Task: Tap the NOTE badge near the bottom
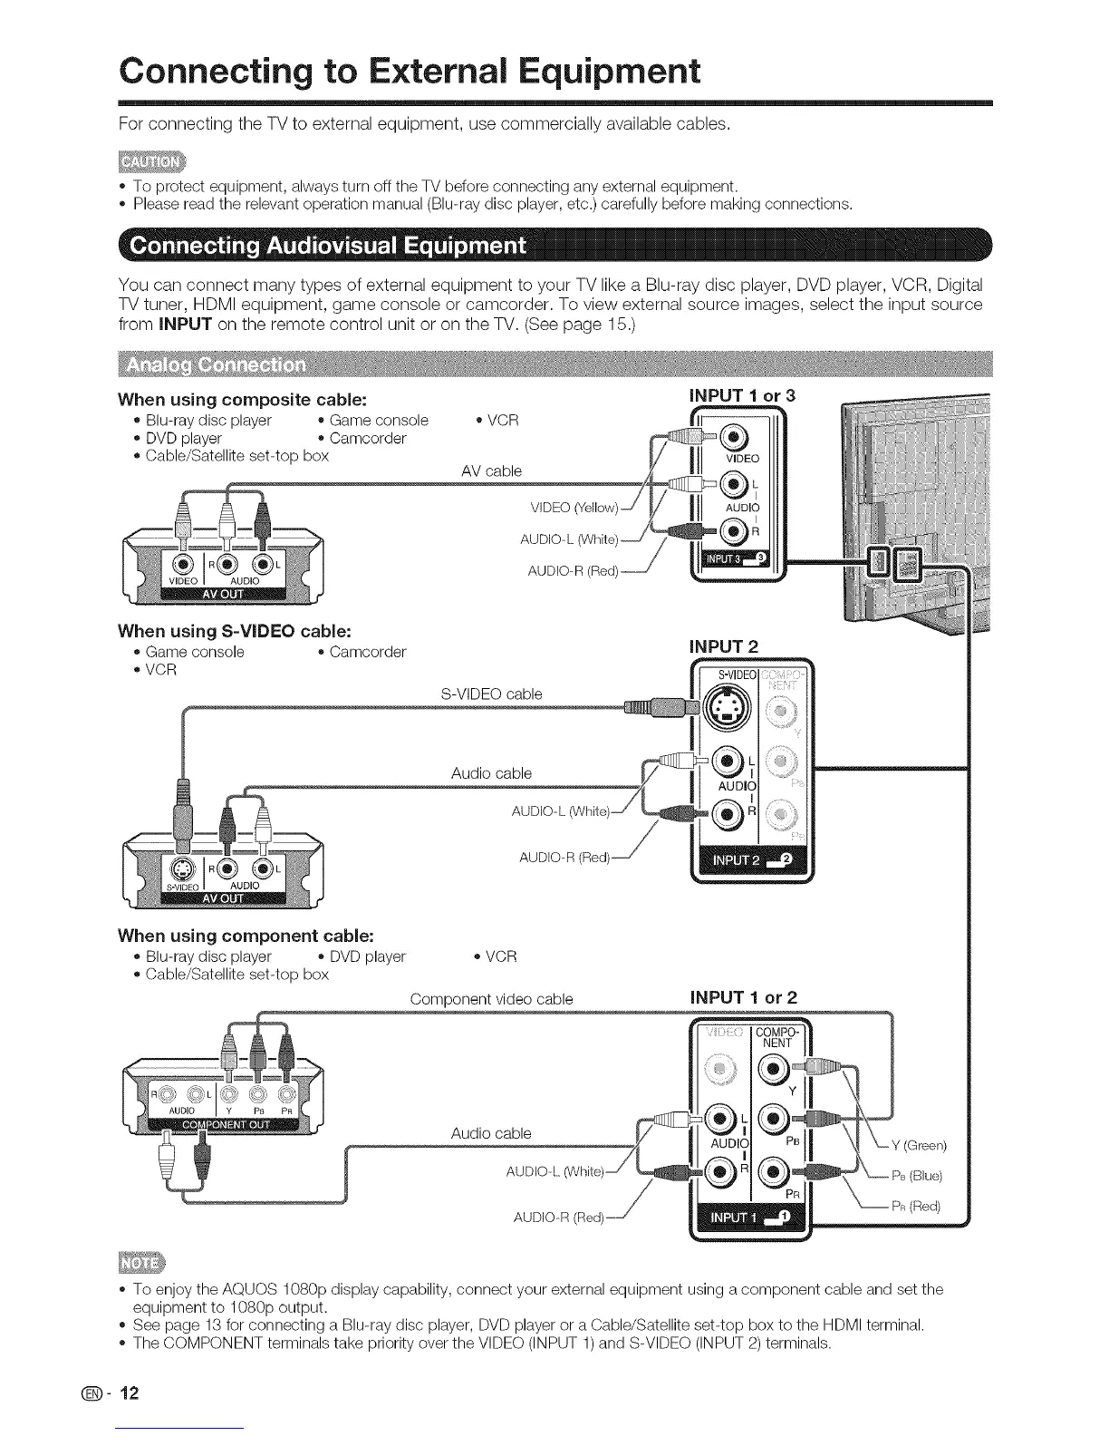tap(142, 1263)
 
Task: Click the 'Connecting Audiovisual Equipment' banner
tap(327, 247)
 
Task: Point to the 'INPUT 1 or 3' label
tap(743, 396)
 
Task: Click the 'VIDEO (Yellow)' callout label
tap(574, 506)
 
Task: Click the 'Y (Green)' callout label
tap(919, 1145)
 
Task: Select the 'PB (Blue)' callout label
tap(917, 1176)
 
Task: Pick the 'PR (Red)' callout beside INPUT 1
tap(916, 1206)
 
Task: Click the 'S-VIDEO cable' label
tap(491, 694)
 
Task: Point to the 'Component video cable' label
tap(491, 999)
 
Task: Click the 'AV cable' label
tap(491, 471)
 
